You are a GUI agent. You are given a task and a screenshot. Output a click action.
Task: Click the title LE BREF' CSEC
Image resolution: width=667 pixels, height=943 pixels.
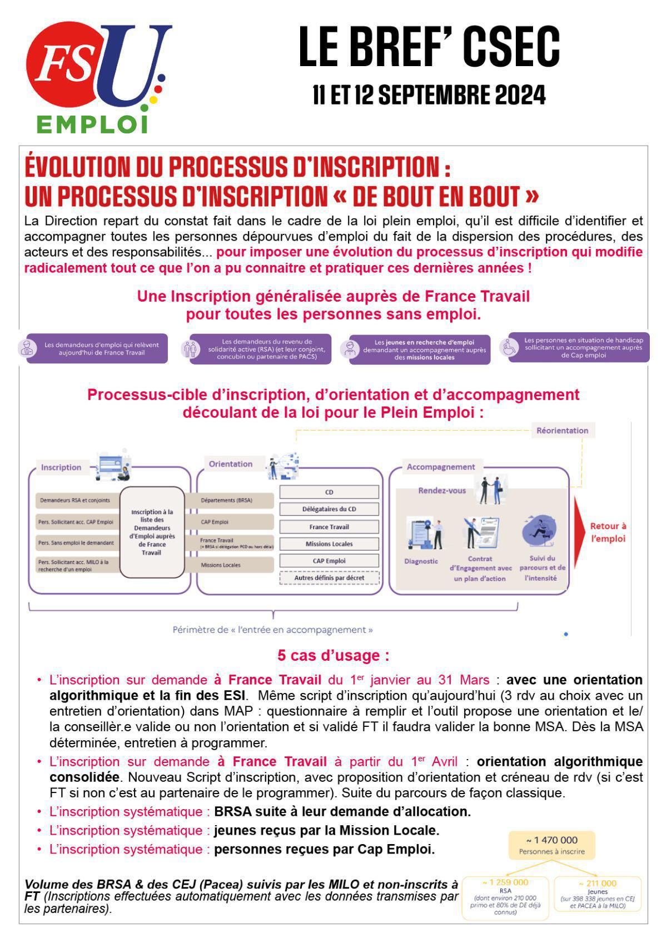429,48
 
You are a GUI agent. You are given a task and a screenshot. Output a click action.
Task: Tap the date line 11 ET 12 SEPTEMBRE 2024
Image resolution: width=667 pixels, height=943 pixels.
429,96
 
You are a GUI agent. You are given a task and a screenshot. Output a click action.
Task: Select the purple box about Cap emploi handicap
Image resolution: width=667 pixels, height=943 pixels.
578,348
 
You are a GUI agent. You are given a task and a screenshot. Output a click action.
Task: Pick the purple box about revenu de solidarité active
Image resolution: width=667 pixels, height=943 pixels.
261,349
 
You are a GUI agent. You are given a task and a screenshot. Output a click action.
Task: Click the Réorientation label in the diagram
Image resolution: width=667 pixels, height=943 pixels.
562,431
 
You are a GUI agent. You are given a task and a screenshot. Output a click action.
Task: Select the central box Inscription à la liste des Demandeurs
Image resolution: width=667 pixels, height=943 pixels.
152,532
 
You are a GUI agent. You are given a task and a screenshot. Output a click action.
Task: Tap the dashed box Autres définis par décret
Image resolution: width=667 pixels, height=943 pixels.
329,578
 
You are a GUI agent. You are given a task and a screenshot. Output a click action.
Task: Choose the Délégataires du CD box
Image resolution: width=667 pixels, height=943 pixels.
329,509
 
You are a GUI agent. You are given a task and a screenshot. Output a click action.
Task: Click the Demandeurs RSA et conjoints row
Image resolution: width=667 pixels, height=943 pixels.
75,500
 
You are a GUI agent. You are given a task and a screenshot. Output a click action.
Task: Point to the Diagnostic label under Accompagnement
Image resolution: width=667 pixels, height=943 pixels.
421,561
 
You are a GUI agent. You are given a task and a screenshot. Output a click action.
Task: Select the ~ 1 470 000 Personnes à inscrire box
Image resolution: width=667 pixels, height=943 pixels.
551,845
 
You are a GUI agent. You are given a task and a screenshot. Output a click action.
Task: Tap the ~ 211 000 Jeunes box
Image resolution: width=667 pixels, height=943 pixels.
598,894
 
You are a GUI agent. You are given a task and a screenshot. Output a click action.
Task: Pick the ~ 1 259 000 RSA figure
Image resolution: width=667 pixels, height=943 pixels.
505,882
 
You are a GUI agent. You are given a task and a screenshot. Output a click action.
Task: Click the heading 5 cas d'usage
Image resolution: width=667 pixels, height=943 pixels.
333,656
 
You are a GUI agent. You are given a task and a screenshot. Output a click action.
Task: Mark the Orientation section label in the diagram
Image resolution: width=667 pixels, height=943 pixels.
230,464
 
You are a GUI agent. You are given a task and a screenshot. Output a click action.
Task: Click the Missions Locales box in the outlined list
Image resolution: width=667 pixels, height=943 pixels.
329,544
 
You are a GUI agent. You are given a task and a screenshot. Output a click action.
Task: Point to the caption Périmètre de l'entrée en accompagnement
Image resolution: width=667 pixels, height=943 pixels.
272,630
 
